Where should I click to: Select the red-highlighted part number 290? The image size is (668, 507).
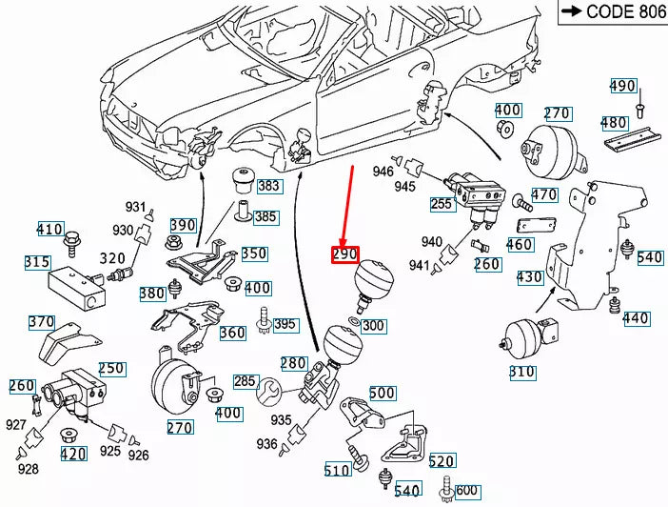click(x=344, y=254)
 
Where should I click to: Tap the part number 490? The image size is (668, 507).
click(x=622, y=86)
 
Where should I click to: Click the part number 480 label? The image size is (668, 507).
click(x=614, y=123)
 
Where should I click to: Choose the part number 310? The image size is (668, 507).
click(x=521, y=372)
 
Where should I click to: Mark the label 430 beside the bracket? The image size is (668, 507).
click(x=530, y=277)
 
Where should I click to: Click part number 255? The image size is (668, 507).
click(x=442, y=204)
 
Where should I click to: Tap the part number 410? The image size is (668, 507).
click(x=49, y=229)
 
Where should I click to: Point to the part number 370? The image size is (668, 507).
click(x=42, y=322)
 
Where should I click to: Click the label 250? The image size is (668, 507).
click(x=111, y=369)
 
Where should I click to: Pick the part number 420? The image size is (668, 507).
click(x=73, y=454)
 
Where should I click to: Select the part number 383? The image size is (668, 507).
click(x=268, y=186)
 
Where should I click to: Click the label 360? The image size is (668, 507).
click(x=232, y=333)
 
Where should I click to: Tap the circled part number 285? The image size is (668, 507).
click(x=245, y=382)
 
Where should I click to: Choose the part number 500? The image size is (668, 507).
click(x=382, y=393)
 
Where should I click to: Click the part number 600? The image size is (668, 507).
click(x=466, y=491)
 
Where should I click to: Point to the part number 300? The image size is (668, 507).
click(x=374, y=326)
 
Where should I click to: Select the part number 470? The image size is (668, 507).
click(x=543, y=195)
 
